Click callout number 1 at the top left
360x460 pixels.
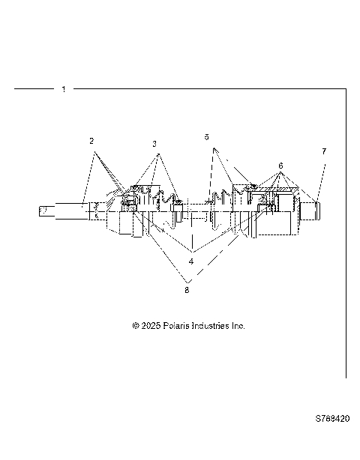coord(64,89)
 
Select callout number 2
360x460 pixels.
coord(91,141)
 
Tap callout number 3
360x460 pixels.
coord(154,143)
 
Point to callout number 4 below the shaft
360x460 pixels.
coord(191,261)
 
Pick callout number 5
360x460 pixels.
coord(207,137)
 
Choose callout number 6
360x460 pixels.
coord(280,165)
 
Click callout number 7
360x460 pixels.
coord(324,151)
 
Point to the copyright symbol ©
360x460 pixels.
coord(136,326)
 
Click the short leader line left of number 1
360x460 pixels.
coord(34,89)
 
